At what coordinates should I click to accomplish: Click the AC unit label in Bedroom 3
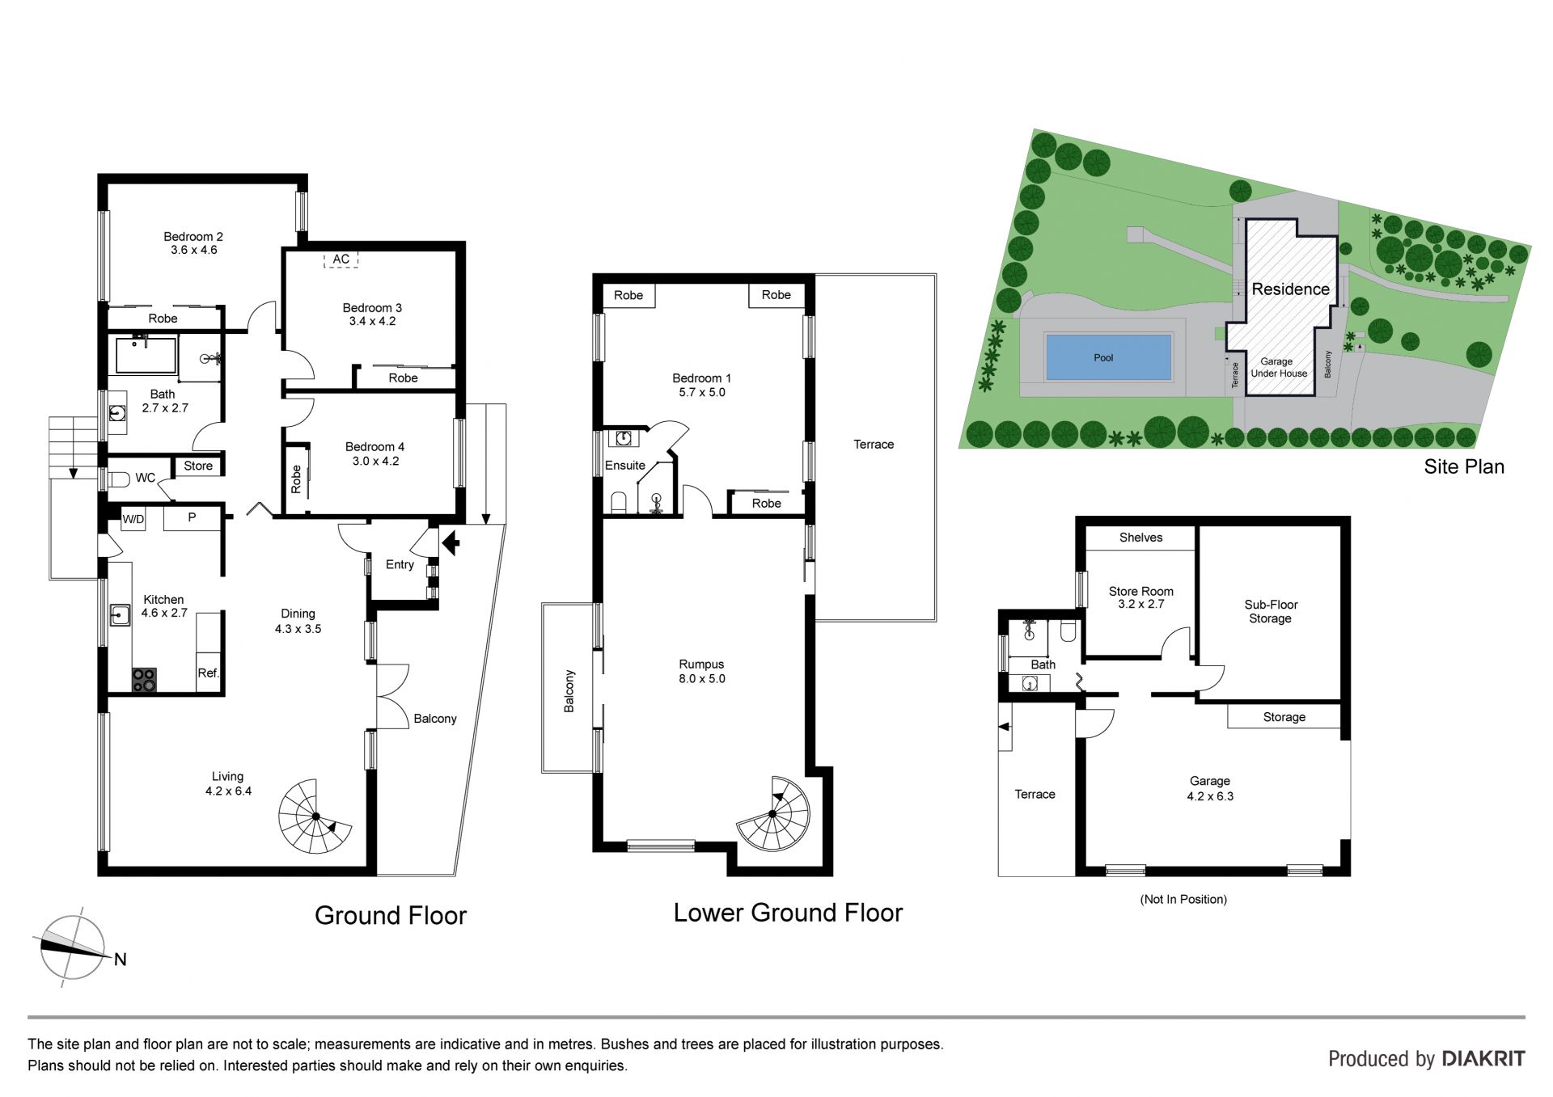pyautogui.click(x=341, y=259)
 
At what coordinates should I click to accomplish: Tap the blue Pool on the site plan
pyautogui.click(x=1108, y=357)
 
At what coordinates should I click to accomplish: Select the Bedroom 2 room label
pyautogui.click(x=193, y=243)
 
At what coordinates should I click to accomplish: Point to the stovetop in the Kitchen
pyautogui.click(x=144, y=680)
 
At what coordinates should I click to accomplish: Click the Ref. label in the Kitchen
pyautogui.click(x=209, y=673)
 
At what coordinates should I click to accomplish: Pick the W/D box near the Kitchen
pyautogui.click(x=133, y=519)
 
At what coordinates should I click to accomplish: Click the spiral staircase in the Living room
pyautogui.click(x=315, y=816)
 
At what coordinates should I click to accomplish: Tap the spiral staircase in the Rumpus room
pyautogui.click(x=773, y=814)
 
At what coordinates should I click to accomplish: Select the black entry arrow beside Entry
pyautogui.click(x=451, y=542)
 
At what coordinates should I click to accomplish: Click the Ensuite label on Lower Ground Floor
pyautogui.click(x=625, y=466)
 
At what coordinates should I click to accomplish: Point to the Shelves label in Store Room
pyautogui.click(x=1140, y=538)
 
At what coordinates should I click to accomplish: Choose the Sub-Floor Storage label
pyautogui.click(x=1271, y=611)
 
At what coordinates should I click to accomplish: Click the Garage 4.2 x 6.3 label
pyautogui.click(x=1210, y=788)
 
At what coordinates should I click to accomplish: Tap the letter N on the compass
pyautogui.click(x=121, y=960)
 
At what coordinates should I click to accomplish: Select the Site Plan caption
pyautogui.click(x=1464, y=466)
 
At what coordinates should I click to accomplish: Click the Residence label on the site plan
pyautogui.click(x=1291, y=289)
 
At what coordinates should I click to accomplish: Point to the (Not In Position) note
pyautogui.click(x=1183, y=899)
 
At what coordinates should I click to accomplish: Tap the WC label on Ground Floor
pyautogui.click(x=146, y=478)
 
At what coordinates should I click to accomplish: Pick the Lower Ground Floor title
pyautogui.click(x=788, y=913)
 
